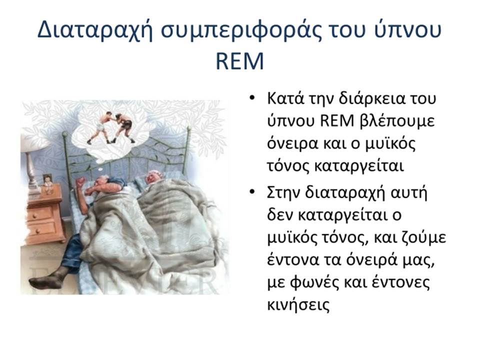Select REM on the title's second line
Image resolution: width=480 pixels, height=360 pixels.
[x=239, y=61]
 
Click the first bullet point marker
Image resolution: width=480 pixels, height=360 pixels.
[x=252, y=98]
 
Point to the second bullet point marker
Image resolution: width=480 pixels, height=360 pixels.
[x=252, y=192]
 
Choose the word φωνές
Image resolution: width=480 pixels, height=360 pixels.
[x=312, y=283]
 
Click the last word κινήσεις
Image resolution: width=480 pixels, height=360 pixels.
[x=298, y=304]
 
